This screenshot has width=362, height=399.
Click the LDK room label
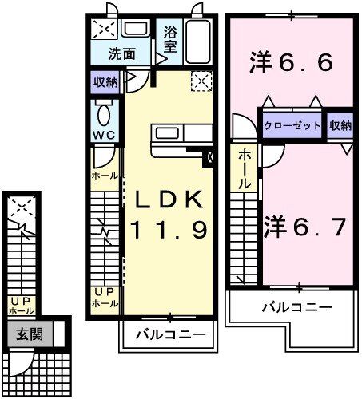169,199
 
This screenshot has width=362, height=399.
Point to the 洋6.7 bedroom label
305,227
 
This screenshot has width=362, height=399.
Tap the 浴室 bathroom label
171,40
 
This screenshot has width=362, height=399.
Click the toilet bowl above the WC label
103,109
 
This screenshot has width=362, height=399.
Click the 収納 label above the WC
105,81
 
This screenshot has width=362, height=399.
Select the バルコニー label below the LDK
169,334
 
